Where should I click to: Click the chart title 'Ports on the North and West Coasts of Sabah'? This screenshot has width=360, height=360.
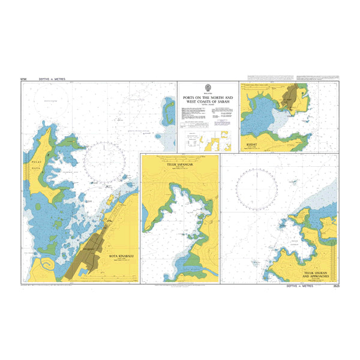coord(207,100)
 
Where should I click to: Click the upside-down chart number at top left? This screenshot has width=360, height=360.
coord(24,79)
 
